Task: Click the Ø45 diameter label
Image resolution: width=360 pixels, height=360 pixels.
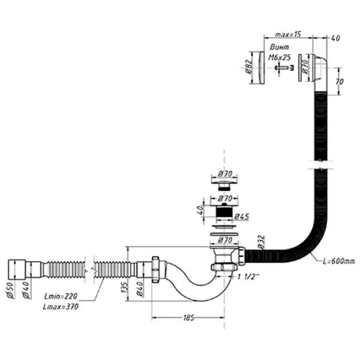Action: [242, 216]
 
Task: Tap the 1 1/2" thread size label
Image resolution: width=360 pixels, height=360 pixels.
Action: [247, 277]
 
